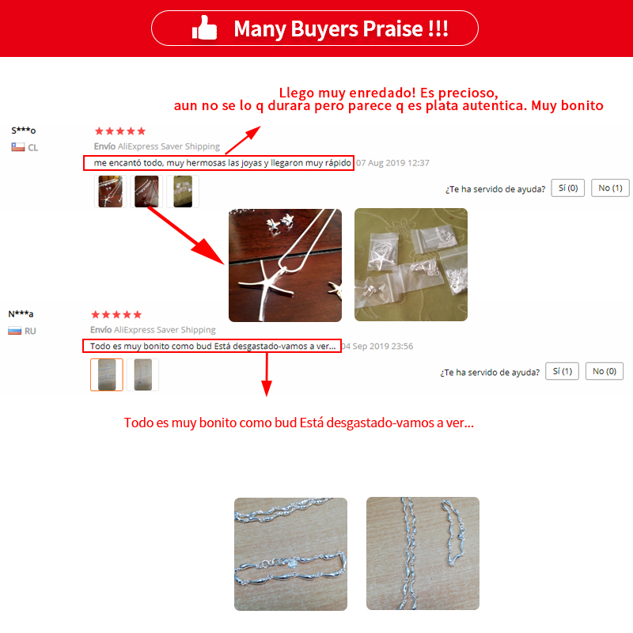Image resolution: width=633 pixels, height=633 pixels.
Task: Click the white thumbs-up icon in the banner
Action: (204, 28)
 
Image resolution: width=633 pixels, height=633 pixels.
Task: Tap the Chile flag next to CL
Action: (18, 147)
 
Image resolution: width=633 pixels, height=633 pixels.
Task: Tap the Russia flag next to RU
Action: (14, 331)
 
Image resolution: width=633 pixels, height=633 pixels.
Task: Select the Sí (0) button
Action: (567, 188)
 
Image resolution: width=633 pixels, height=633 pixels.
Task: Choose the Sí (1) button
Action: (562, 371)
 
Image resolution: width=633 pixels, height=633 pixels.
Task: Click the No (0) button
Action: (605, 371)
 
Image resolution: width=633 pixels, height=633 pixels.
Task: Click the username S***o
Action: (24, 131)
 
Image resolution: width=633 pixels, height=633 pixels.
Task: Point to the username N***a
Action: (21, 313)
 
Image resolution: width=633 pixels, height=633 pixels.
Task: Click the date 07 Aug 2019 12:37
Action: (392, 163)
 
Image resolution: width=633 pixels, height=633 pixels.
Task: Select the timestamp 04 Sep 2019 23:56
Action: (377, 346)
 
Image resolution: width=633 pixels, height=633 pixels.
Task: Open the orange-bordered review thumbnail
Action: (107, 374)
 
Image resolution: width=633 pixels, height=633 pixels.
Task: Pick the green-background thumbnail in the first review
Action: (183, 191)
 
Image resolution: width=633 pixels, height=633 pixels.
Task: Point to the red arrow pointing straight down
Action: (267, 374)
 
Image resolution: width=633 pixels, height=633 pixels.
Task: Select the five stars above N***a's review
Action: (116, 314)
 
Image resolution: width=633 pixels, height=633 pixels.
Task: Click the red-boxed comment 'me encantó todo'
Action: (218, 163)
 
